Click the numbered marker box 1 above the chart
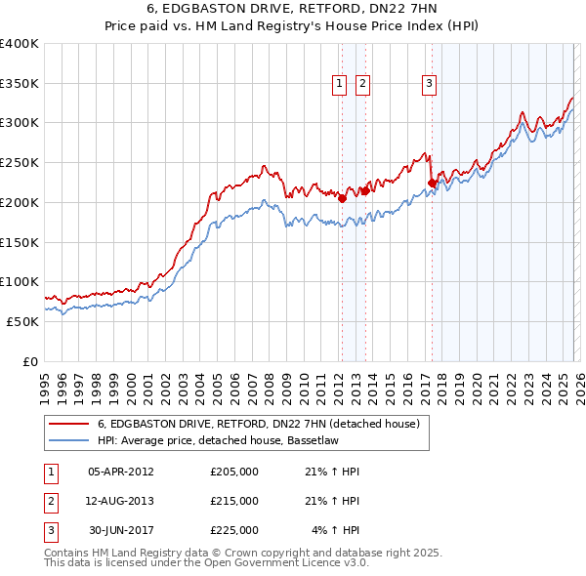(340, 85)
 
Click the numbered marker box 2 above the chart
(362, 85)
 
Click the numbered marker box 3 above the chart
(429, 85)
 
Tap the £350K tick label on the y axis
(20, 84)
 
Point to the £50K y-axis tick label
(23, 321)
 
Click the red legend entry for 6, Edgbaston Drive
(258, 424)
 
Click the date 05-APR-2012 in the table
(121, 472)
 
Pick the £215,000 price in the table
(234, 501)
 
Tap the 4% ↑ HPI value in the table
(336, 530)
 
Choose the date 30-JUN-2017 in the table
(121, 530)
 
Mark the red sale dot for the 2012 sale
(342, 198)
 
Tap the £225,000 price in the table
(234, 530)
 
